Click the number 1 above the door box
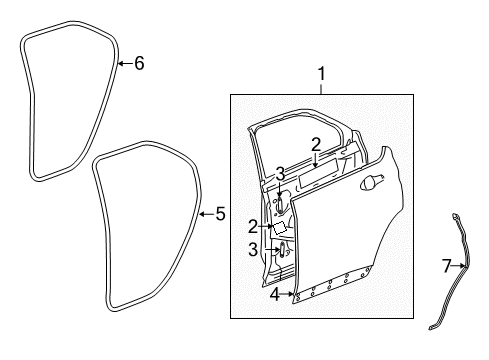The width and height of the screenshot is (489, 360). [321, 73]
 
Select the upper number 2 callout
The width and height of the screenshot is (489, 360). [315, 144]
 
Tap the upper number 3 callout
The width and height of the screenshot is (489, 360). [282, 173]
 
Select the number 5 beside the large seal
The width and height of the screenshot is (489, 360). [221, 213]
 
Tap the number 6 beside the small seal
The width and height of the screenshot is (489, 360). [139, 64]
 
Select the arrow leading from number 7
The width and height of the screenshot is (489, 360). [462, 266]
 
